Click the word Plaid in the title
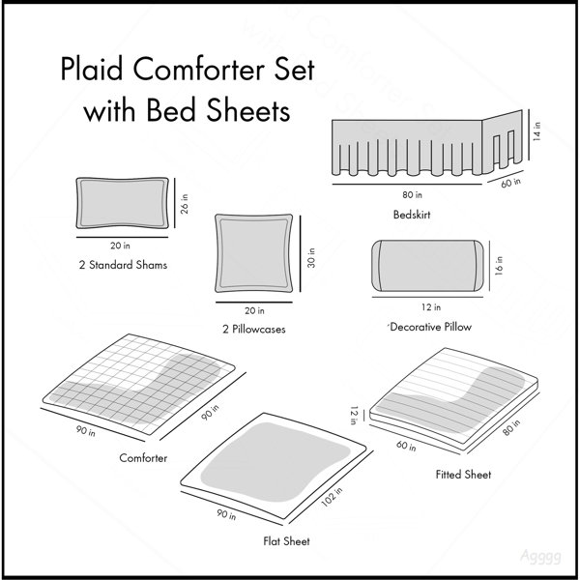point(92,69)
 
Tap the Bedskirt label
point(412,215)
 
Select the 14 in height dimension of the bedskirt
point(537,131)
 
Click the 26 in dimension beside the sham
point(185,204)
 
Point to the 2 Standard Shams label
point(123,265)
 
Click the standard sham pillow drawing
point(122,203)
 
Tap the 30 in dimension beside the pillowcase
point(311,258)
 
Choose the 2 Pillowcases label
point(253,329)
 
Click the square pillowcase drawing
point(253,253)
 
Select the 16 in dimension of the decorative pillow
point(498,266)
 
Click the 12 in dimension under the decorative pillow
point(431,307)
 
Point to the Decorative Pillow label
point(430,327)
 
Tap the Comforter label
point(143,458)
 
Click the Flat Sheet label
point(286,541)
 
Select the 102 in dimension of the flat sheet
point(332,497)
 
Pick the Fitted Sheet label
point(463,475)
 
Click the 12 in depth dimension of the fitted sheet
point(354,415)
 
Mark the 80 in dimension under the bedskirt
point(412,194)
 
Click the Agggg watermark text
point(540,556)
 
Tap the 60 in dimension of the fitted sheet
point(406,446)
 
